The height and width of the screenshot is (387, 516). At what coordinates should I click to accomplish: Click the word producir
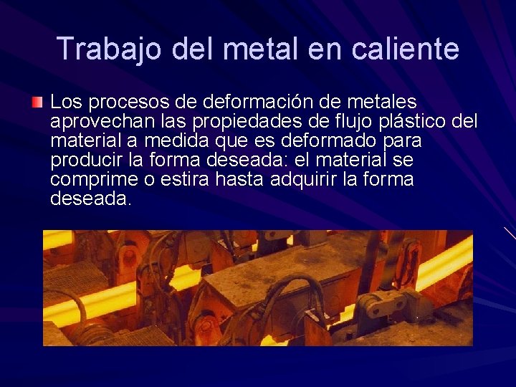(81, 159)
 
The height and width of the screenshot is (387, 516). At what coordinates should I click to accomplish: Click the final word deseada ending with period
(91, 199)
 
